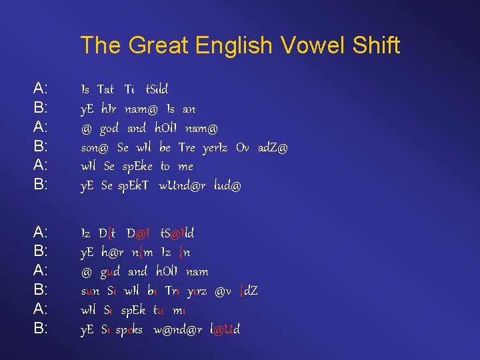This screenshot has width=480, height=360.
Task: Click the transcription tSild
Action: pyautogui.click(x=157, y=89)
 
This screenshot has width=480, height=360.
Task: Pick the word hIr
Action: pyautogui.click(x=110, y=108)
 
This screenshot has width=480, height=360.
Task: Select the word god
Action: pyautogui.click(x=109, y=127)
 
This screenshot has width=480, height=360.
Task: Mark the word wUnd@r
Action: pyautogui.click(x=183, y=186)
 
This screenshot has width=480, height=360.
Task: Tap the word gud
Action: pyautogui.click(x=110, y=272)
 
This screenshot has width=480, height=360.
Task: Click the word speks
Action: pyautogui.click(x=129, y=330)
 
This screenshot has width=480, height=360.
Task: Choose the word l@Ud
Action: pyautogui.click(x=225, y=330)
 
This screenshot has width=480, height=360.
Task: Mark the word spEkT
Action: pyautogui.click(x=135, y=186)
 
